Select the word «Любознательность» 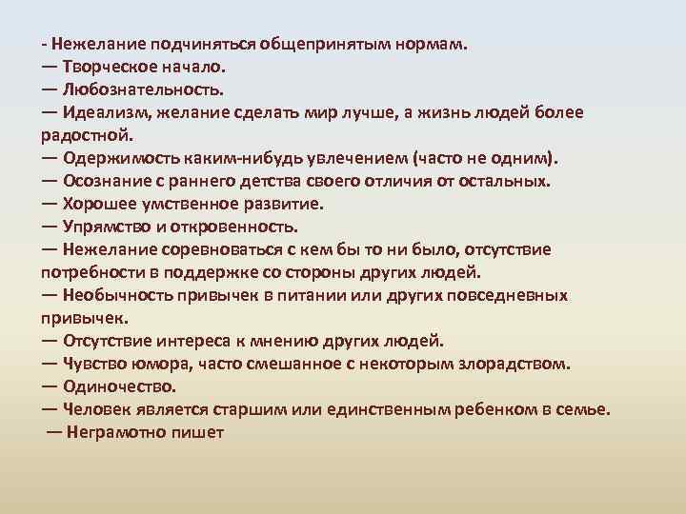(x=143, y=90)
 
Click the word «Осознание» (x=106, y=181)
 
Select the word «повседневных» (x=510, y=295)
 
